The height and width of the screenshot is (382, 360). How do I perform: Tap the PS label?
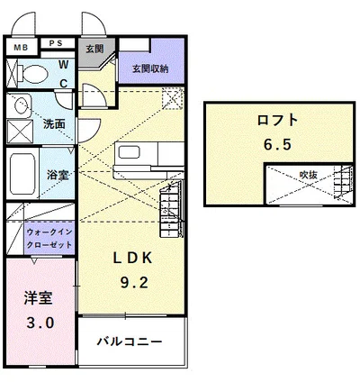pos(55,43)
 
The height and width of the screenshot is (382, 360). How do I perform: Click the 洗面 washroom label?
pos(53,124)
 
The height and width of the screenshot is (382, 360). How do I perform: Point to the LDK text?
pos(134,257)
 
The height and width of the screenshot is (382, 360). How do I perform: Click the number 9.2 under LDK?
pos(136,282)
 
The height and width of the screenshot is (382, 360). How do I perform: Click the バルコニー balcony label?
pos(130,343)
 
